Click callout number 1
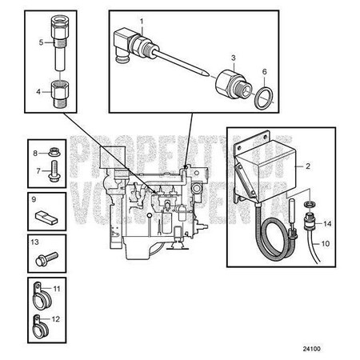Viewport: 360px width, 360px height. click(142, 18)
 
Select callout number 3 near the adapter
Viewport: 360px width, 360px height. click(233, 58)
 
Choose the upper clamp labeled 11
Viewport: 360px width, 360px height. click(38, 296)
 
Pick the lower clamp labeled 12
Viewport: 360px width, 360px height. click(37, 323)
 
